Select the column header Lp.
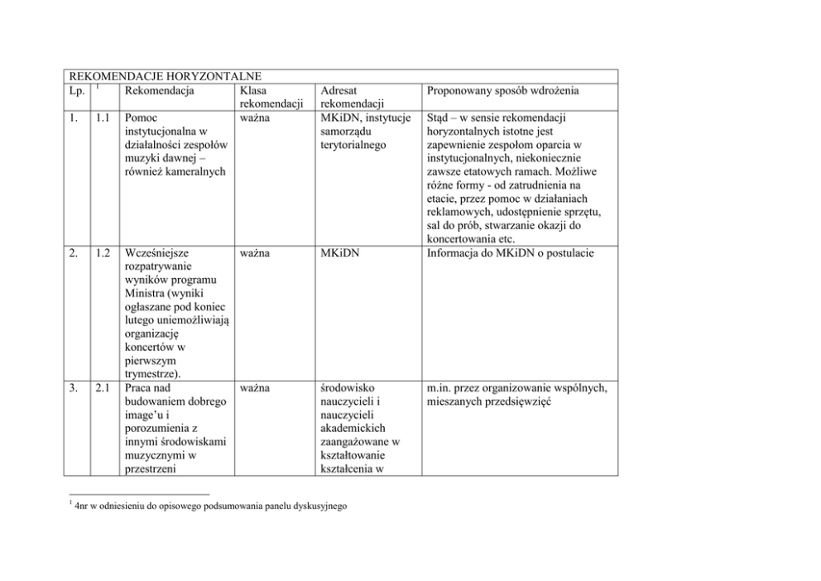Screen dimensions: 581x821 coord(76,89)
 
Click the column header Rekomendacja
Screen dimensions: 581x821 coord(158,89)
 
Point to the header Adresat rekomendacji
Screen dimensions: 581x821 coord(348,97)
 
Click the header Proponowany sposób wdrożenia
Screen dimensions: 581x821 coord(502,89)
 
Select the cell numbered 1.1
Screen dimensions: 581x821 coord(103,118)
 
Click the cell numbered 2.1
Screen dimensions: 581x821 coord(103,387)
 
